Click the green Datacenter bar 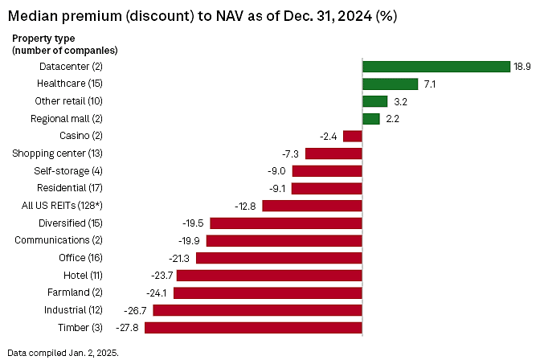point(436,67)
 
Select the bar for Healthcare point(391,84)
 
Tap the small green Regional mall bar point(371,119)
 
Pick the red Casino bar point(353,136)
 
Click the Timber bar point(253,328)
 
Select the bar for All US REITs point(312,206)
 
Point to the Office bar point(279,258)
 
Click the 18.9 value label point(522,67)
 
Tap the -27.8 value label point(128,328)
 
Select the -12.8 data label point(246,206)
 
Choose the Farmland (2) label point(74,292)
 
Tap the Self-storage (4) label point(68,170)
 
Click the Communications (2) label point(59,240)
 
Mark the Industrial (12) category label point(74,310)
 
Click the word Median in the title point(31,16)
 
